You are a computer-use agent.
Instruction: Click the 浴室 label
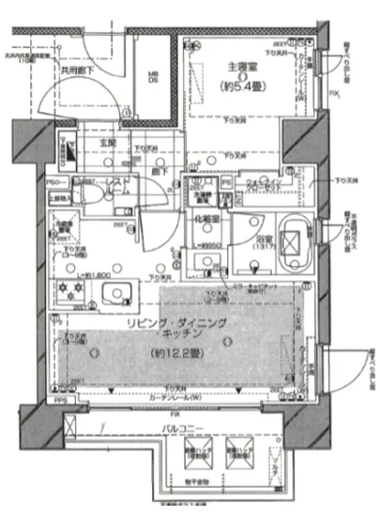[x=264, y=239]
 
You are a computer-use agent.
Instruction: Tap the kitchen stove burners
[x=69, y=292]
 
